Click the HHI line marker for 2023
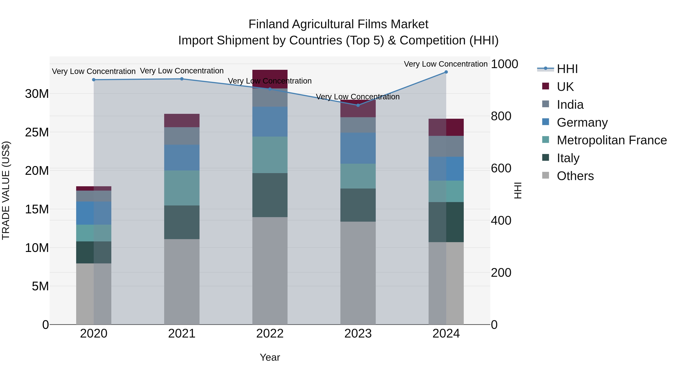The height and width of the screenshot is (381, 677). point(358,105)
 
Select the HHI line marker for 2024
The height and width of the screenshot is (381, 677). point(446,72)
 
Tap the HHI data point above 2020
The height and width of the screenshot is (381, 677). point(94,80)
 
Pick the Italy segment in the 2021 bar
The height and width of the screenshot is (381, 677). point(182,222)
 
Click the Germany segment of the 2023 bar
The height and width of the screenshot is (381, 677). point(358,148)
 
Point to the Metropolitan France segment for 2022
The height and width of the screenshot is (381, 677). point(270,155)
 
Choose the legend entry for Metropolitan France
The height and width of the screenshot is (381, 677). point(612,140)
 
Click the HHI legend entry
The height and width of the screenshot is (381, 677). point(567,69)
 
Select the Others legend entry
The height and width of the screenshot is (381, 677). point(575,176)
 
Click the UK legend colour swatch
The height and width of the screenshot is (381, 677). point(546,86)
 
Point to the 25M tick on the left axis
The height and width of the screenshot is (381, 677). point(37,132)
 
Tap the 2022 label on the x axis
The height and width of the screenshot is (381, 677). point(270,334)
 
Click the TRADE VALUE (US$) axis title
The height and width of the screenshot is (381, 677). point(6,190)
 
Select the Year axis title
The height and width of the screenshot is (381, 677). point(270,357)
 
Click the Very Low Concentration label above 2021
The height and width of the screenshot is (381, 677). point(182,71)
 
